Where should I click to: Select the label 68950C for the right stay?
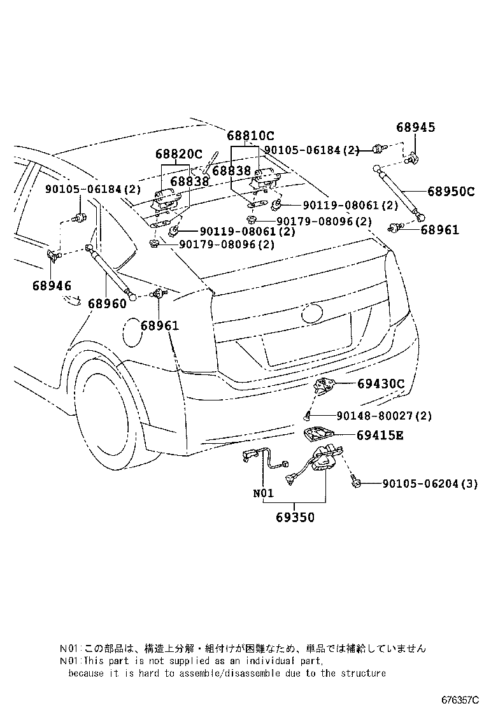(x=450, y=191)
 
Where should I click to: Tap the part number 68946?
(x=52, y=286)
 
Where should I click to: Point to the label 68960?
(x=107, y=304)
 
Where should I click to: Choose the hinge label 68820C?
(x=178, y=154)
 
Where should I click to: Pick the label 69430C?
(x=381, y=383)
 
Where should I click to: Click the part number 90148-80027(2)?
(x=384, y=416)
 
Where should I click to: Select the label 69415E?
(x=380, y=435)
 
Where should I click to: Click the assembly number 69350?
(x=295, y=518)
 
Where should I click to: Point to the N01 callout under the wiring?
(x=263, y=493)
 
